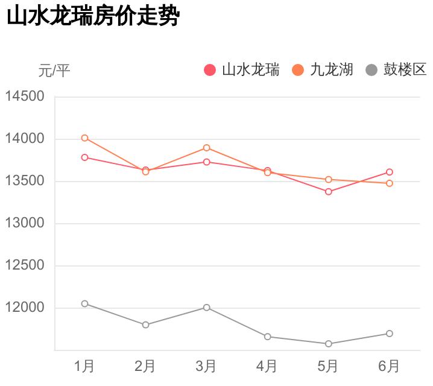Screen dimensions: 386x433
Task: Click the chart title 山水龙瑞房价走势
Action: (93, 16)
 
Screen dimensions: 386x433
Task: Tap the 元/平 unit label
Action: (54, 71)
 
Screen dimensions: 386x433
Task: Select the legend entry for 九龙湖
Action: (323, 70)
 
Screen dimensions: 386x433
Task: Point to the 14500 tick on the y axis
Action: (25, 96)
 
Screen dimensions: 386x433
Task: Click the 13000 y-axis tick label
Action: (25, 223)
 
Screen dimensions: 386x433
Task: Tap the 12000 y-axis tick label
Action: (25, 308)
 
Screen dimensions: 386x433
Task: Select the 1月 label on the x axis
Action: (84, 366)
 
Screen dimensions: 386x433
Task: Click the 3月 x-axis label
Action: (206, 366)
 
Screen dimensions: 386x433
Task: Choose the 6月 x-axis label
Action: (389, 366)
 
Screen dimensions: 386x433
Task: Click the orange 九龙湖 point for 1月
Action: (84, 138)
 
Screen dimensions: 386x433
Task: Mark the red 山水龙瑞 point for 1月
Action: (84, 157)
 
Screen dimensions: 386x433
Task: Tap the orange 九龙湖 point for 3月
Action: (206, 148)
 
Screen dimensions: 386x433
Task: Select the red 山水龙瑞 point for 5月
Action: (329, 192)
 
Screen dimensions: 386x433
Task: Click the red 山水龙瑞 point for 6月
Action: (390, 172)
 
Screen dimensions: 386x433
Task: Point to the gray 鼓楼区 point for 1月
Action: (84, 303)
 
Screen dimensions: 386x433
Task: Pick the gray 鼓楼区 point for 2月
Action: (145, 324)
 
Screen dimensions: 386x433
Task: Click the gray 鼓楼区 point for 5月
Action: (329, 344)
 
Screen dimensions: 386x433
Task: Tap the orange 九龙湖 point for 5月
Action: (329, 179)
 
